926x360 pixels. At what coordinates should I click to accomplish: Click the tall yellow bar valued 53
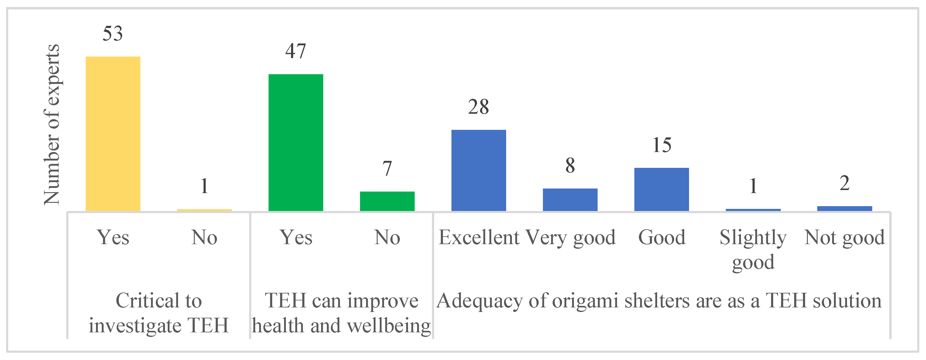(x=113, y=133)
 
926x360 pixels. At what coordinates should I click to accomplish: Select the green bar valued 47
(x=296, y=142)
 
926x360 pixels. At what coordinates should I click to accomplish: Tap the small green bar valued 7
(x=387, y=201)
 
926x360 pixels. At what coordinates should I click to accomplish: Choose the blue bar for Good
(x=661, y=189)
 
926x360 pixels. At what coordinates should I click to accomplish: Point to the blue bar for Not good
(x=844, y=209)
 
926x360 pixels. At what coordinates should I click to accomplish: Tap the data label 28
(x=478, y=107)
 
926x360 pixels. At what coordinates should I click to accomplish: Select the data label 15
(x=661, y=145)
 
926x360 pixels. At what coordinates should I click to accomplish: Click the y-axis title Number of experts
(x=52, y=124)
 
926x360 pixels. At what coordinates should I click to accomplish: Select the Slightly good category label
(x=753, y=249)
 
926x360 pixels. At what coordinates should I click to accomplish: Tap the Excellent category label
(x=478, y=237)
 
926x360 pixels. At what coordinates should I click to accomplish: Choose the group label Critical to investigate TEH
(x=159, y=313)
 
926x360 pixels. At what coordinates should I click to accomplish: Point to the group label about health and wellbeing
(x=341, y=313)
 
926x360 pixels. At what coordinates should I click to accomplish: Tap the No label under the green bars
(x=387, y=237)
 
